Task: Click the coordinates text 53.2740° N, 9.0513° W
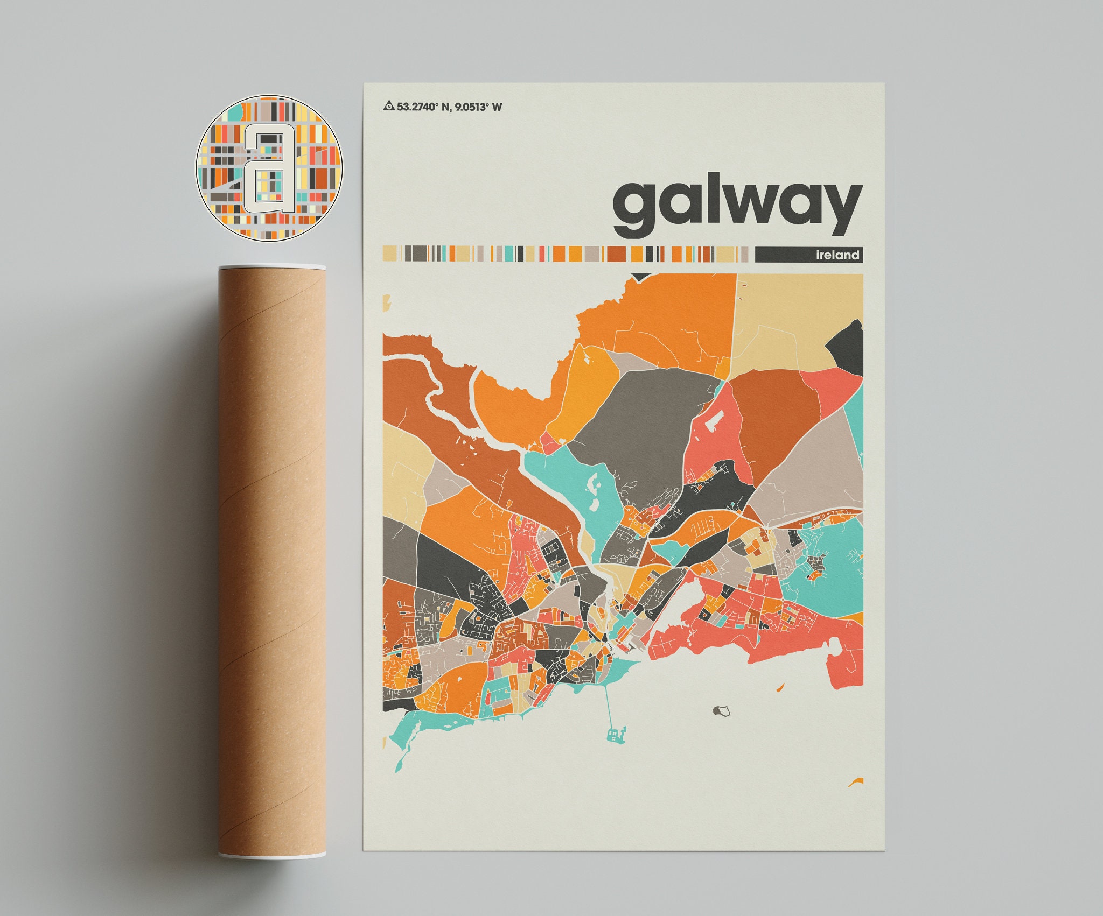coord(449,107)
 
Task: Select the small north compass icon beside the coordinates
coord(389,107)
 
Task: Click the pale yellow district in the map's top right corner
coord(792,318)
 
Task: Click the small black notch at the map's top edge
coord(640,277)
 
